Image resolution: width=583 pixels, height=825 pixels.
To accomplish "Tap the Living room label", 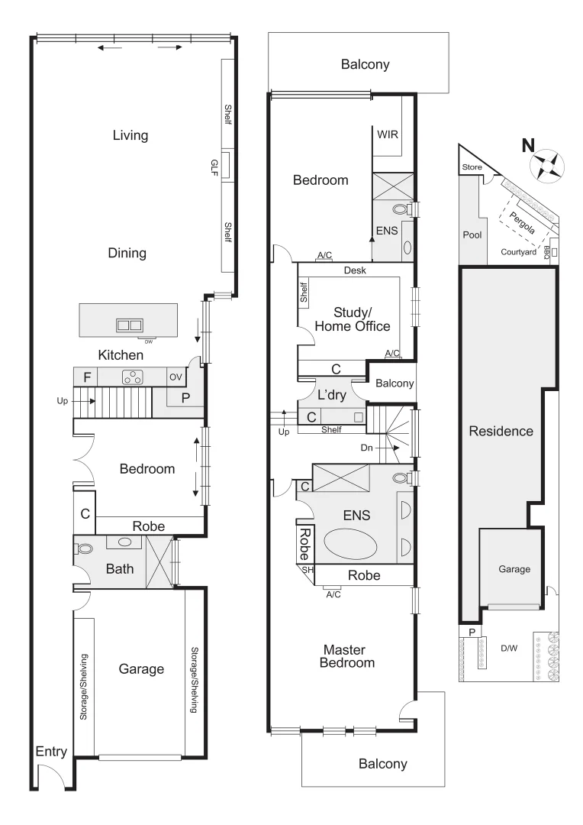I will [x=130, y=136].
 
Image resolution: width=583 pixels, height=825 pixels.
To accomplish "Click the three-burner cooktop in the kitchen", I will [x=134, y=376].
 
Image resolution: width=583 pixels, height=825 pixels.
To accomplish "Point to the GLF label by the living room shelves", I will [x=214, y=167].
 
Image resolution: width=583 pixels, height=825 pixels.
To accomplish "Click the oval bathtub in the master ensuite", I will [x=350, y=548].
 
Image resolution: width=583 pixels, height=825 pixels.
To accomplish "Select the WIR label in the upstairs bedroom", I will [x=387, y=134].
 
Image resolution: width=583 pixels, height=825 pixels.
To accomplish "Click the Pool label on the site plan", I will [x=472, y=235].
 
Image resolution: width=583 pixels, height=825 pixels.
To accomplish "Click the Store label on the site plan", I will [x=470, y=167].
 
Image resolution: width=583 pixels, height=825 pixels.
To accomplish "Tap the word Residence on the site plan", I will [x=501, y=431].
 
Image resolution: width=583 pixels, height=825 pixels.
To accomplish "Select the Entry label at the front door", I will [x=51, y=752].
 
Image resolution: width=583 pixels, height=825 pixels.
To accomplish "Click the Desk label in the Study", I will [x=355, y=270].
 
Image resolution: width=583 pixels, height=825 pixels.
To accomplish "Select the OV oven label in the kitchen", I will [x=175, y=376].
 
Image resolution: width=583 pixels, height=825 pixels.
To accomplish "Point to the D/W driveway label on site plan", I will [x=509, y=649].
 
